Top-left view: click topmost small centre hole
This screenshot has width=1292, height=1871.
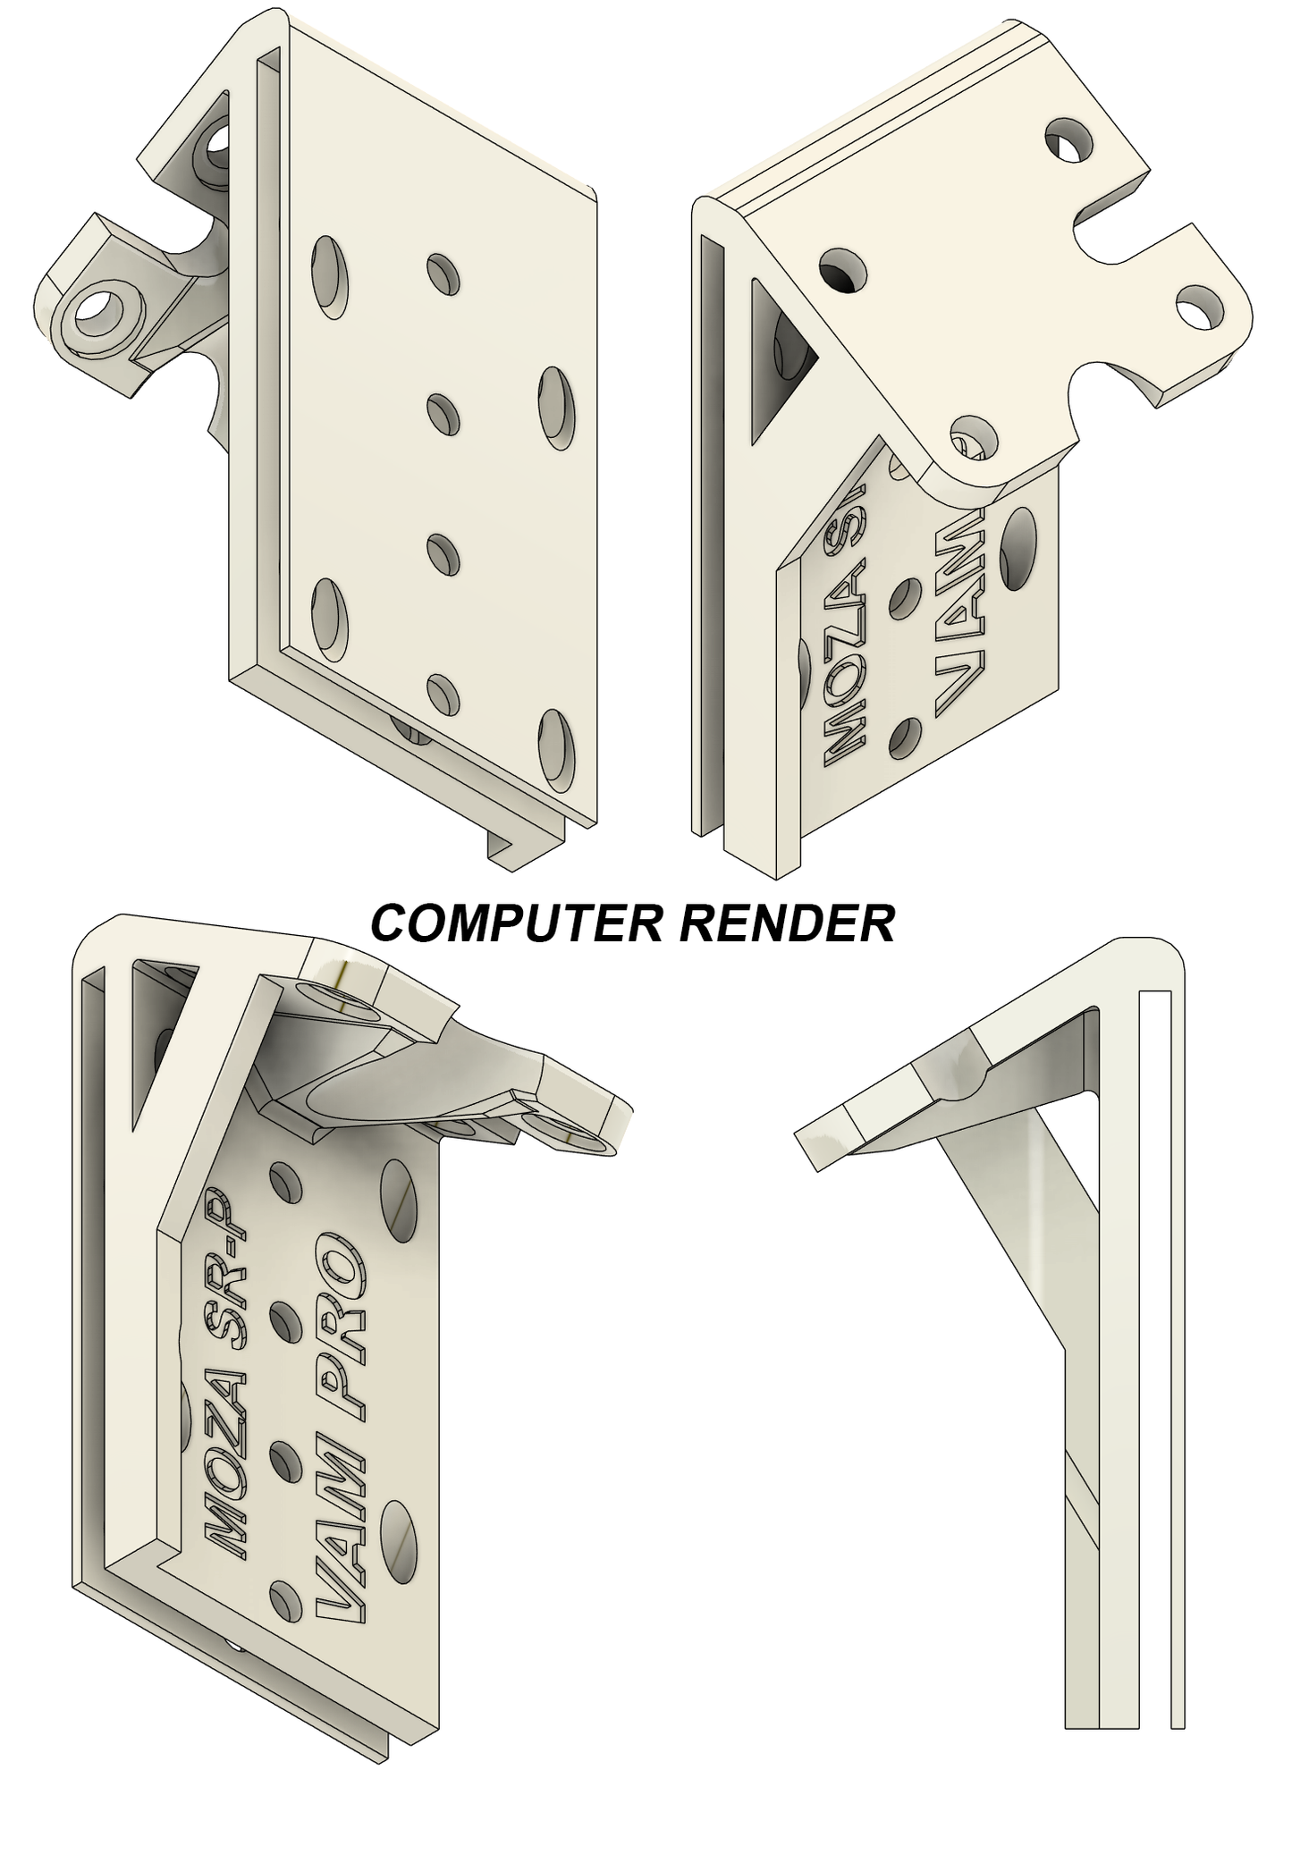pos(443,274)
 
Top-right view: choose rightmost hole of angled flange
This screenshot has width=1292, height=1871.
pos(1198,307)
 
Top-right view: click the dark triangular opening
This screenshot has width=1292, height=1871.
pos(778,358)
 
